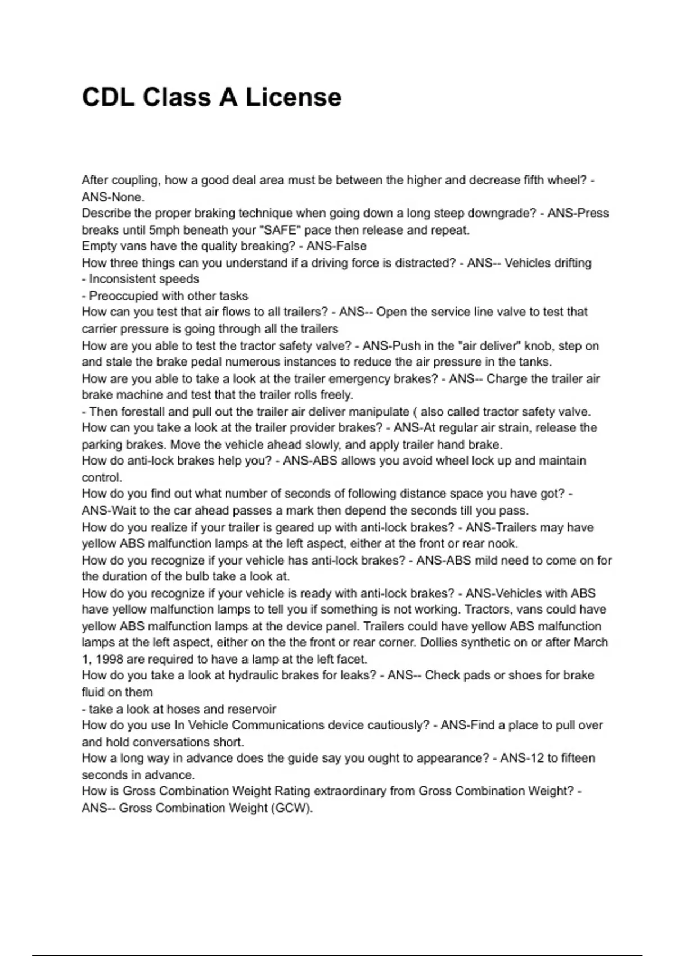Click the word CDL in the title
pyautogui.click(x=108, y=97)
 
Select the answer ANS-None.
pyautogui.click(x=113, y=197)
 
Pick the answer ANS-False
pyautogui.click(x=336, y=246)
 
